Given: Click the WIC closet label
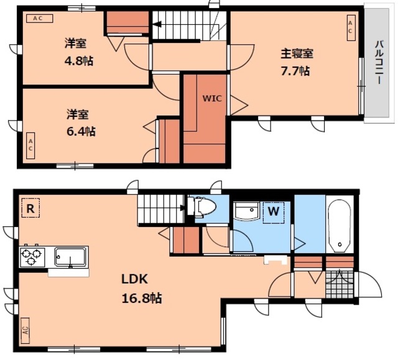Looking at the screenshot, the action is tap(212, 98).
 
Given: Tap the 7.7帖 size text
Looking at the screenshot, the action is tap(295, 71).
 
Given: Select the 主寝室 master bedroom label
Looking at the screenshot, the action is tap(297, 54).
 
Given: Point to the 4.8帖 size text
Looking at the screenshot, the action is tap(79, 61).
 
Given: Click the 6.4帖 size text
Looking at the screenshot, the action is tap(81, 131).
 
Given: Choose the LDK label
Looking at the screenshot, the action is tap(134, 279).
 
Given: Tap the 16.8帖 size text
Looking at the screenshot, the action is tap(142, 298).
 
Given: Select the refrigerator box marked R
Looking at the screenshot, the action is tap(30, 208).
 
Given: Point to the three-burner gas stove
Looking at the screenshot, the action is tap(32, 257).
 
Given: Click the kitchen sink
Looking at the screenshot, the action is tap(70, 257).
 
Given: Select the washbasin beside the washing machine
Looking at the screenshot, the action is tap(246, 210).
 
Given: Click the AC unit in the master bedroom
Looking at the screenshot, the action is tap(351, 27).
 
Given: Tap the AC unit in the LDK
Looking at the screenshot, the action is tap(25, 330).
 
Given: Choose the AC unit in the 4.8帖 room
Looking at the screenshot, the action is tap(40, 19).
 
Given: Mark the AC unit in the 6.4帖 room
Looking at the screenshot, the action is tap(30, 145).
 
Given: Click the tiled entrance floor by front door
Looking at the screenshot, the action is tap(340, 284).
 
